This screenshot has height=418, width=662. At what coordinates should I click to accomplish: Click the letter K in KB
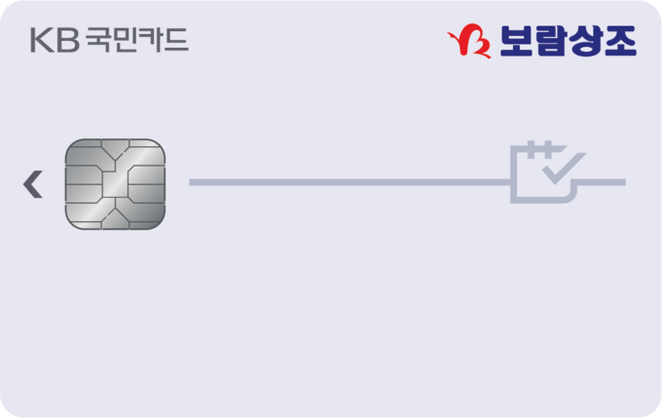point(42,40)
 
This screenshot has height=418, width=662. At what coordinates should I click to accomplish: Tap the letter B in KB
point(68,40)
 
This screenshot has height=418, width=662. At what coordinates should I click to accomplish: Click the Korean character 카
point(150,40)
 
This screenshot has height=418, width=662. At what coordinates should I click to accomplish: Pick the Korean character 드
point(176,40)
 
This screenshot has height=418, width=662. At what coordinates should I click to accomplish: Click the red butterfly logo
point(469,41)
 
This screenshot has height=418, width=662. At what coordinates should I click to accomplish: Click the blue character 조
point(620,41)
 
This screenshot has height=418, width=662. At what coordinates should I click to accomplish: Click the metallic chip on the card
point(115,184)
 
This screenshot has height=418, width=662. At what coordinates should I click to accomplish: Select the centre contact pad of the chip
point(115,184)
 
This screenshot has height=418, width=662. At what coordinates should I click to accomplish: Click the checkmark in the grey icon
point(564,169)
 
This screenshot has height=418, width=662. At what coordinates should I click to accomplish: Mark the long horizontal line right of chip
point(349,182)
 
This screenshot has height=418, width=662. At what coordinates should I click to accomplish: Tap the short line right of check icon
point(602,182)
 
